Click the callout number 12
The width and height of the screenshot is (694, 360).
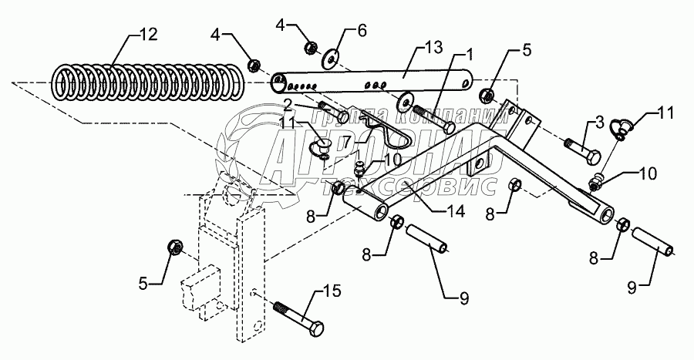pos(149,35)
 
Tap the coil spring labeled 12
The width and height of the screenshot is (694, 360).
pos(149,82)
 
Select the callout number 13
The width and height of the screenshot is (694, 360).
pos(433,47)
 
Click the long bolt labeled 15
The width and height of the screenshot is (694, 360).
pos(298,318)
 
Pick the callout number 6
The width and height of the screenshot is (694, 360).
pos(362,31)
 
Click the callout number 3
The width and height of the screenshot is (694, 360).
pos(599,123)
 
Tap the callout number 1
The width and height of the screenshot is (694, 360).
pos(469,54)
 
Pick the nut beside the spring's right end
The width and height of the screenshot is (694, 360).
pos(254,66)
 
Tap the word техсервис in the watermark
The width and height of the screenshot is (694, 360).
pos(407,187)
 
